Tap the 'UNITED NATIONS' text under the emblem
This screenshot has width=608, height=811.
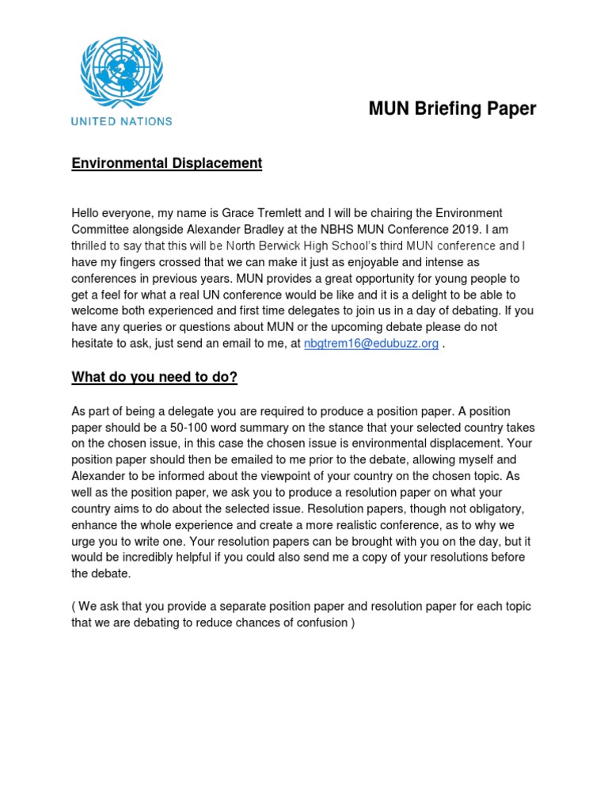pos(122,121)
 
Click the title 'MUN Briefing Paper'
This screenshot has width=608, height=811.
pos(452,109)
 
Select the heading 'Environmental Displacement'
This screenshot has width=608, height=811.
pos(166,163)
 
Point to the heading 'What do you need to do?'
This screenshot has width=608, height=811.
pos(154,377)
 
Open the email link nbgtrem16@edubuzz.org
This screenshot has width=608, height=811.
pos(371,344)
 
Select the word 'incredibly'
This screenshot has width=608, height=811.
pos(137,558)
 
